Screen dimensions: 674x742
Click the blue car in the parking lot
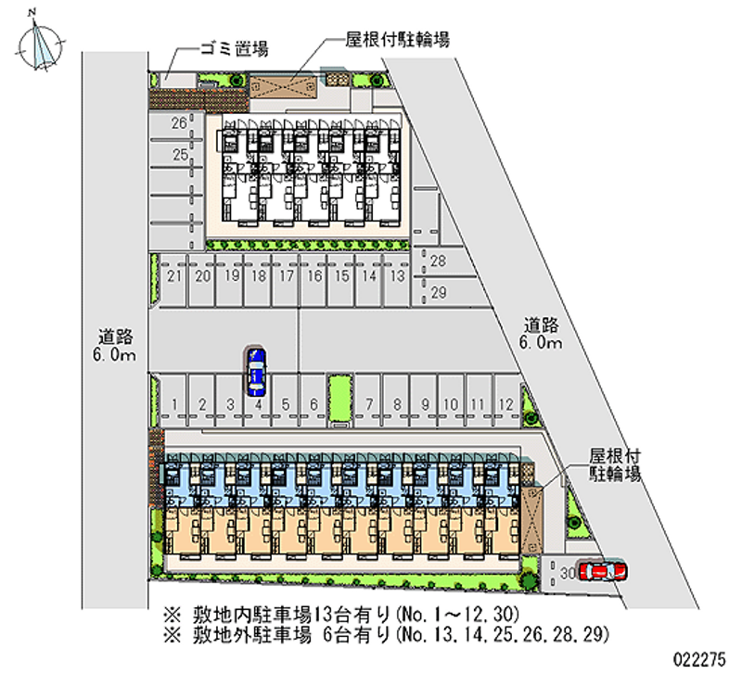coord(256,371)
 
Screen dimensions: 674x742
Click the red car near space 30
coord(601,571)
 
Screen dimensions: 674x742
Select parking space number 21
coord(173,276)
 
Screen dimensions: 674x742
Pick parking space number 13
coord(396,276)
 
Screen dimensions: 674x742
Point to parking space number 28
coord(439,261)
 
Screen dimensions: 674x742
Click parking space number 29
coord(439,292)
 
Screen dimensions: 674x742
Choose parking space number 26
coord(179,122)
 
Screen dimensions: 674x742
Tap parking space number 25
coord(179,154)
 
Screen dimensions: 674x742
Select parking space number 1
coord(175,404)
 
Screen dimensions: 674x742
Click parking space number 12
coord(505,404)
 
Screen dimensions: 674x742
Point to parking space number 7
coord(369,404)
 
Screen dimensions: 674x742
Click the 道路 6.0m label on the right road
coord(541,334)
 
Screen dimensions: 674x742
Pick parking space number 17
coord(287,276)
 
